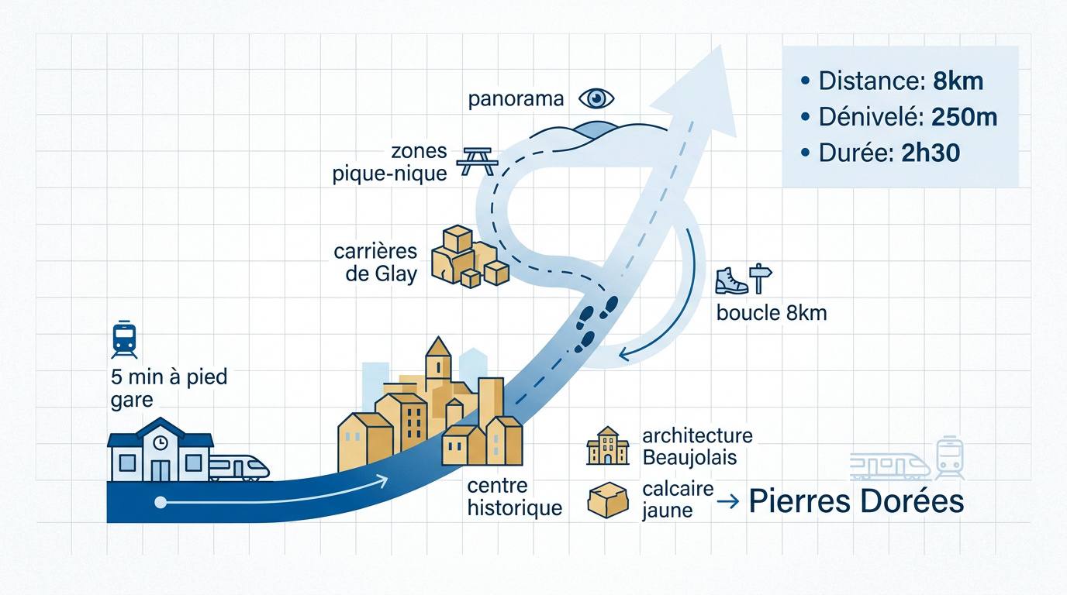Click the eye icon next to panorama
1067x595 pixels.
tap(596, 98)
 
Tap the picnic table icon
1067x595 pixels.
tap(478, 161)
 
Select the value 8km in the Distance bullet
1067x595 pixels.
tap(958, 81)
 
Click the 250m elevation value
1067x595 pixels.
tap(964, 117)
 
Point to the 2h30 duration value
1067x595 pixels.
tap(931, 153)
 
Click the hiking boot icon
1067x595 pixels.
tap(731, 281)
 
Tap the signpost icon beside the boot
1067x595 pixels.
tap(760, 278)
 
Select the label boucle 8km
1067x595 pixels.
tap(772, 313)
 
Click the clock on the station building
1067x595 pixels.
tap(160, 442)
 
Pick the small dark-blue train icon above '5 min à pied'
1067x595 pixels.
tap(124, 339)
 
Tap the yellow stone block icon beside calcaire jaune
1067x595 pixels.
tap(608, 500)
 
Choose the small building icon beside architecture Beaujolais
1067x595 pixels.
tap(608, 445)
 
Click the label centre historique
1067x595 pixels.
tap(514, 497)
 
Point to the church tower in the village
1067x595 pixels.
tap(438, 362)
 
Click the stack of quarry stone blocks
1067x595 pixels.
tap(470, 257)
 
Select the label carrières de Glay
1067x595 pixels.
tap(376, 263)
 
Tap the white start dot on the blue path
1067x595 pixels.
tap(161, 502)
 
